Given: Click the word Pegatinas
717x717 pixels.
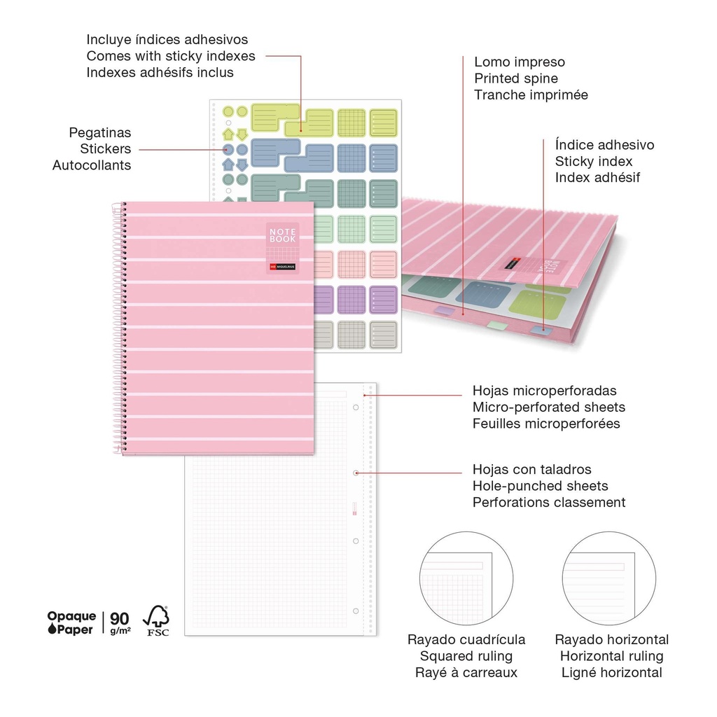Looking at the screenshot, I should (x=99, y=132).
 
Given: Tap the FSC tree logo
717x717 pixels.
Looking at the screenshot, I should (x=156, y=620).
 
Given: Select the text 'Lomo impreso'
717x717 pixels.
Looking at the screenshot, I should (x=519, y=62).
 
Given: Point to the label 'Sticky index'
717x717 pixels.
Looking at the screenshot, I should (x=593, y=161).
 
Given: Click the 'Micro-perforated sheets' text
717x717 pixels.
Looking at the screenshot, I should (x=548, y=407).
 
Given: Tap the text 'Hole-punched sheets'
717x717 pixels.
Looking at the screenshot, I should (x=540, y=486).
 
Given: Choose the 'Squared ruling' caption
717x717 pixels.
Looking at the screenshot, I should (x=466, y=656).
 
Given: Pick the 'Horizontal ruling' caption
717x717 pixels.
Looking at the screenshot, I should (x=611, y=656).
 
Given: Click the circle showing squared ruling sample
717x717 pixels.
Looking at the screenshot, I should (x=466, y=578).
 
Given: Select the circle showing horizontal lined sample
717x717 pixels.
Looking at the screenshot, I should (x=609, y=578).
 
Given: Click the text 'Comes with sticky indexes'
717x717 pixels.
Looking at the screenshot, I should (x=171, y=56).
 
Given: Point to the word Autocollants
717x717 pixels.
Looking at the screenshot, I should (x=92, y=165).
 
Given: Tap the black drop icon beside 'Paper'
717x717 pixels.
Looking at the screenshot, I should (x=52, y=629).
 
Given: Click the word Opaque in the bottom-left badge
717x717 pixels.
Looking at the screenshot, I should (x=71, y=616).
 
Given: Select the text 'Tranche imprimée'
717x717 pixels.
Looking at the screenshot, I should (x=531, y=95).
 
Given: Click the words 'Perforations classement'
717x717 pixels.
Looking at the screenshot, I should (x=549, y=502).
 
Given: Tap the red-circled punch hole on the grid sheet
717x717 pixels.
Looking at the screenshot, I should (x=356, y=473).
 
